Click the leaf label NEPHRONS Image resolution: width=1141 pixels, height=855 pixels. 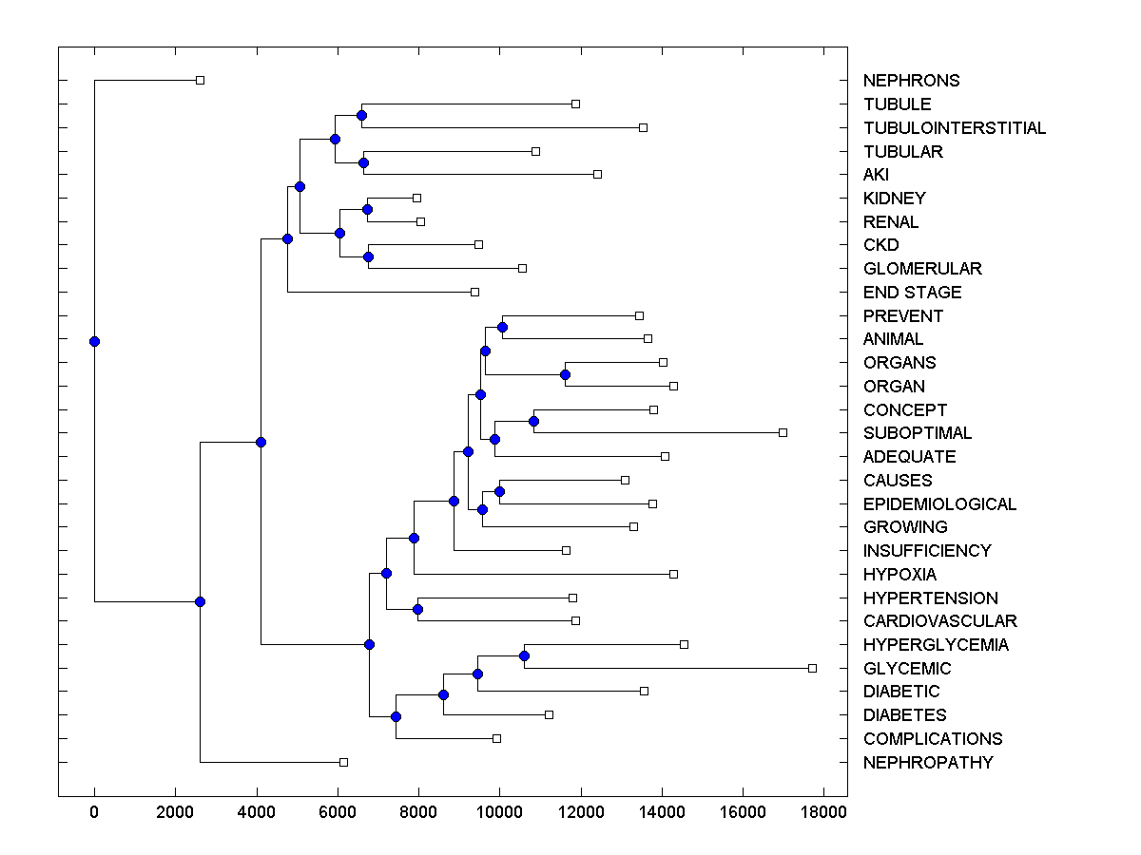[x=911, y=81]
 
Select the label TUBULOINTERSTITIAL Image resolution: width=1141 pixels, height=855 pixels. [x=955, y=128]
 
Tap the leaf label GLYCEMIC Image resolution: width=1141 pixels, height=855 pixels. [x=907, y=669]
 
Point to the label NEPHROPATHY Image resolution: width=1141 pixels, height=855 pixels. [x=928, y=763]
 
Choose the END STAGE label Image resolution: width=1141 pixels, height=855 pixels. [x=913, y=293]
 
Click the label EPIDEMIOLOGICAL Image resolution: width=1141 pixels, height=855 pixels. [x=939, y=504]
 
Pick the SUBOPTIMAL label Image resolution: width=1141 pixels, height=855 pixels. [x=918, y=433]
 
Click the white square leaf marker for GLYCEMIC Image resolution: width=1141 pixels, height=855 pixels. [x=812, y=668]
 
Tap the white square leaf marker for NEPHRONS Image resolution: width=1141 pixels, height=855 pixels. [x=200, y=80]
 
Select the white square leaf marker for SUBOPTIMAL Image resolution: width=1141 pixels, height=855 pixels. [x=783, y=432]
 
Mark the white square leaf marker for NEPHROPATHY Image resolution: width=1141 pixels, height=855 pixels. [x=343, y=762]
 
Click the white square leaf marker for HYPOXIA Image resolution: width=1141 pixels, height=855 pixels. [x=673, y=574]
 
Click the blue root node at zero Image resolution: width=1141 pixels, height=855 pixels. [x=94, y=341]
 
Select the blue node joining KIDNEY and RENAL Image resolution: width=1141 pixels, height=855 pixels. [x=367, y=209]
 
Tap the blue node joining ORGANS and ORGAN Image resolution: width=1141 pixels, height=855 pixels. [x=565, y=374]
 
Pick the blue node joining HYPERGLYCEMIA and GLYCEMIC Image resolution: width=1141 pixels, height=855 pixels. [x=524, y=655]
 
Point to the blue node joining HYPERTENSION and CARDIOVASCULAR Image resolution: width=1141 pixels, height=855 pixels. [x=417, y=609]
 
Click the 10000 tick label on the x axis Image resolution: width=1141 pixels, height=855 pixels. [x=498, y=811]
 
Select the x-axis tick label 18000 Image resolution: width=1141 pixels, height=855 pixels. [x=822, y=811]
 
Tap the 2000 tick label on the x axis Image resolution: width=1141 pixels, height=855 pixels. [x=175, y=811]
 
